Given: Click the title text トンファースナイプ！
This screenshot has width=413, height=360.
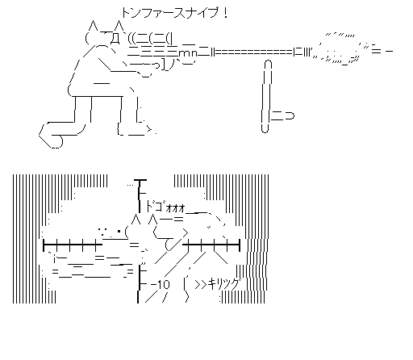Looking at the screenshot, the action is (x=175, y=13).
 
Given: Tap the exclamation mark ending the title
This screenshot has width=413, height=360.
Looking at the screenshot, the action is (x=225, y=13).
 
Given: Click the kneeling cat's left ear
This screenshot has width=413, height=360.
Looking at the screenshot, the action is (x=93, y=27).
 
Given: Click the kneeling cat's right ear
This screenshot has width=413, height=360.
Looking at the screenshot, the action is (x=119, y=27).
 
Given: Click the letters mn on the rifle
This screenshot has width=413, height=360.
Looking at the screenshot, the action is (x=188, y=53).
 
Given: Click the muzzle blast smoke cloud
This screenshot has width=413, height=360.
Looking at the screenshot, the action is (x=340, y=49).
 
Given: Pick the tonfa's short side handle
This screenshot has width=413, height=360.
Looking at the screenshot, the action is (x=282, y=116).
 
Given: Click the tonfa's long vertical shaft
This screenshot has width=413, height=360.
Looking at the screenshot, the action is (x=266, y=97).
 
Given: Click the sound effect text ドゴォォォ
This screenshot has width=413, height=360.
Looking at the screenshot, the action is (x=165, y=207).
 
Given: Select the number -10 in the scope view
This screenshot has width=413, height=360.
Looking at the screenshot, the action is (x=161, y=284).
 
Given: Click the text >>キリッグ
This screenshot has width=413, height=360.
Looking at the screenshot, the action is (x=217, y=284).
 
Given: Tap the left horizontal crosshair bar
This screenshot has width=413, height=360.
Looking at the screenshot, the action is (x=73, y=245).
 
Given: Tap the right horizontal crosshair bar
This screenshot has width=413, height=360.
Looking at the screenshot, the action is (x=211, y=245).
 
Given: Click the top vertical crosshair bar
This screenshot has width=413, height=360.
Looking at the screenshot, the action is (x=140, y=196).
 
